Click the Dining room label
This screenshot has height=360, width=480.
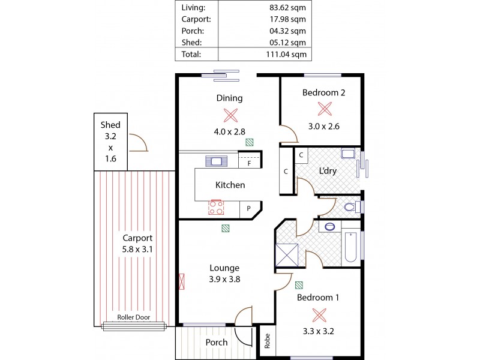229,98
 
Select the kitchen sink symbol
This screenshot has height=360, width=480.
215,161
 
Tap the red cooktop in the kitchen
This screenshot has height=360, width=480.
215,208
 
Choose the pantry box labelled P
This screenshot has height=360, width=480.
248,209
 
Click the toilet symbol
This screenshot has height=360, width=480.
352,208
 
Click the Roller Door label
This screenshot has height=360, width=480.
134,318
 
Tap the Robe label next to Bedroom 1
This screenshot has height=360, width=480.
268,341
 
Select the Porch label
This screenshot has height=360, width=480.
217,343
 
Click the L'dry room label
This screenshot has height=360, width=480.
328,171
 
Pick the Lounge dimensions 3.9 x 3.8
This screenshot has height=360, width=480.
224,279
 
